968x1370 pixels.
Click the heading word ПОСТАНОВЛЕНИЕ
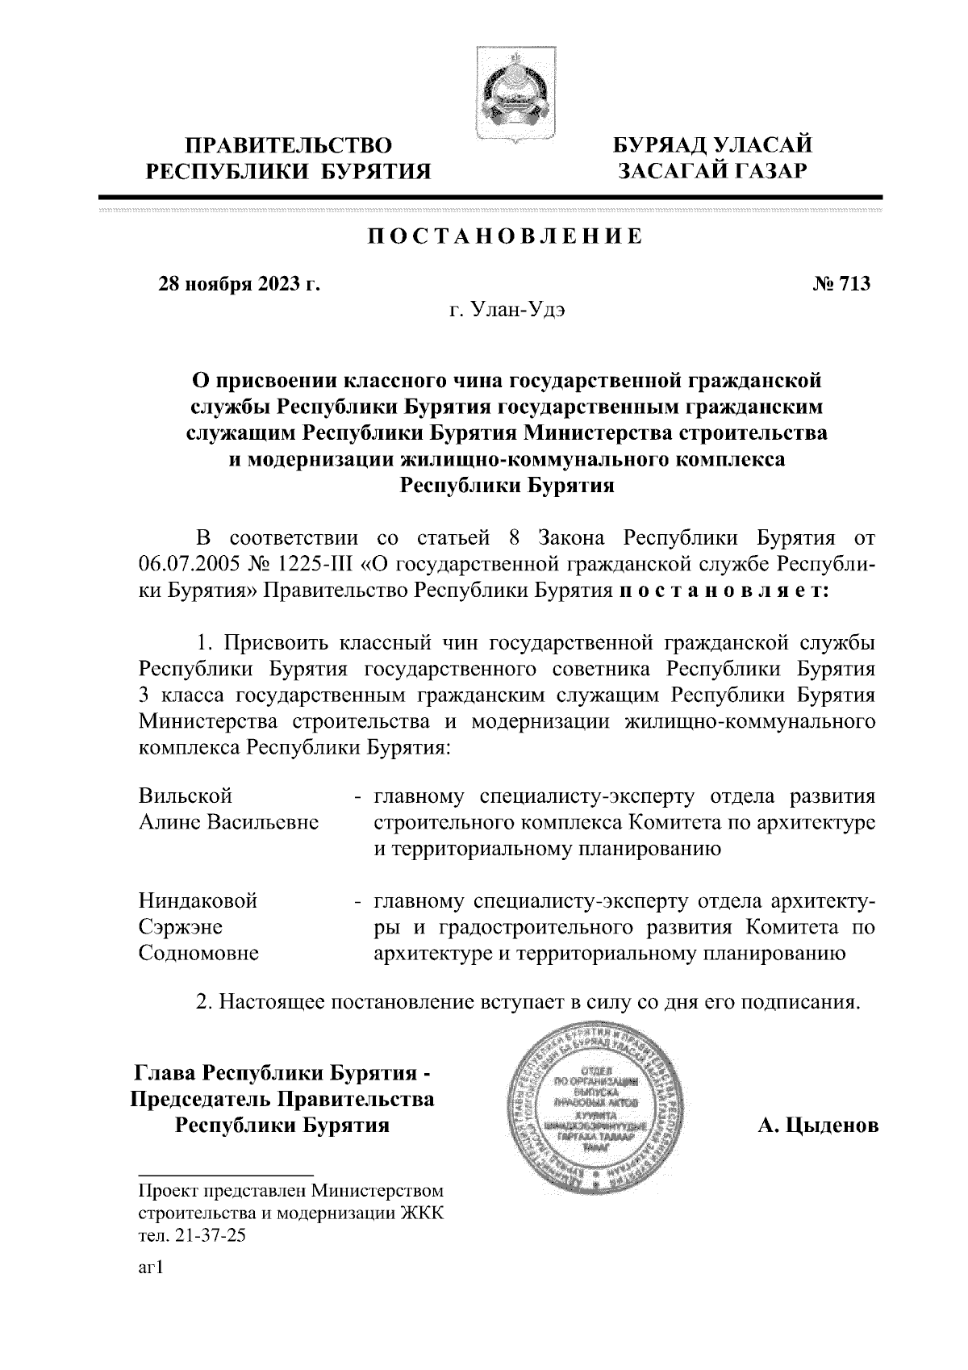click(x=506, y=236)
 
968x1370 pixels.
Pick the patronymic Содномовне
click(x=199, y=953)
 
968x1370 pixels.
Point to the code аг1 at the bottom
click(x=151, y=1269)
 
